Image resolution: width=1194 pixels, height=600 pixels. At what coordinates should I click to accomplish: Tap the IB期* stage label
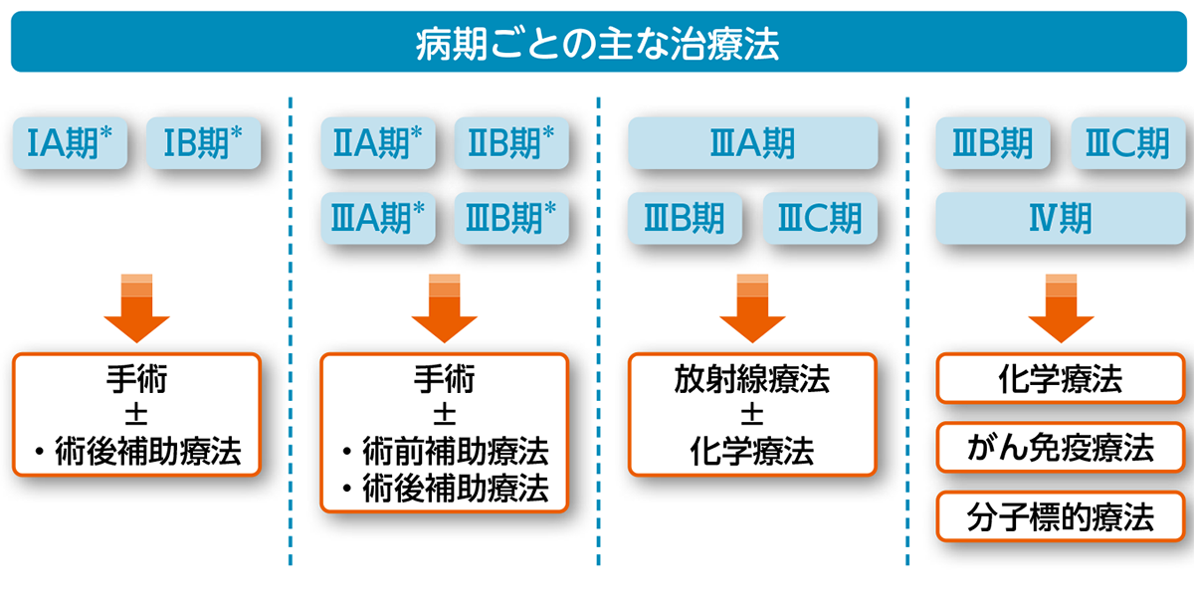[x=203, y=145]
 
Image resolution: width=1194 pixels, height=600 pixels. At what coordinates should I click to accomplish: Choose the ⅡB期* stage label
[x=511, y=145]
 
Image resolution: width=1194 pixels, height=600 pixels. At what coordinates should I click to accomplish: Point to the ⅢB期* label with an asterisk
[x=511, y=218]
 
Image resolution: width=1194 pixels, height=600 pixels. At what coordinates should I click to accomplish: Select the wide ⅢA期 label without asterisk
[x=753, y=145]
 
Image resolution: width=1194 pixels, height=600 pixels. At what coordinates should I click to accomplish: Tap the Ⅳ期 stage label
[x=1061, y=218]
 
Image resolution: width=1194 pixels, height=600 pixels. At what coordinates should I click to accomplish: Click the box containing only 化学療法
[x=1061, y=379]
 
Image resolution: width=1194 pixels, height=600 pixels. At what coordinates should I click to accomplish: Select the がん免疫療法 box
[x=1061, y=448]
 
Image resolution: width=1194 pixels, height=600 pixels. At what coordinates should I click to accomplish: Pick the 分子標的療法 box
[x=1061, y=516]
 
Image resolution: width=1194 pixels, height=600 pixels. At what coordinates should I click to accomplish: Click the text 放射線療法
[x=753, y=380]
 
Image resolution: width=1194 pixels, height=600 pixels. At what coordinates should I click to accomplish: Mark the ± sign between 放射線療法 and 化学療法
[x=753, y=415]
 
